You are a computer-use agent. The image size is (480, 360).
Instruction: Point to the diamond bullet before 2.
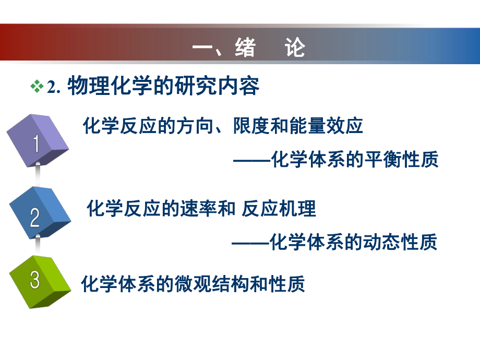click(x=38, y=87)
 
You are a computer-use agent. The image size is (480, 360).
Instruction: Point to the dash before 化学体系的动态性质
click(x=251, y=243)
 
